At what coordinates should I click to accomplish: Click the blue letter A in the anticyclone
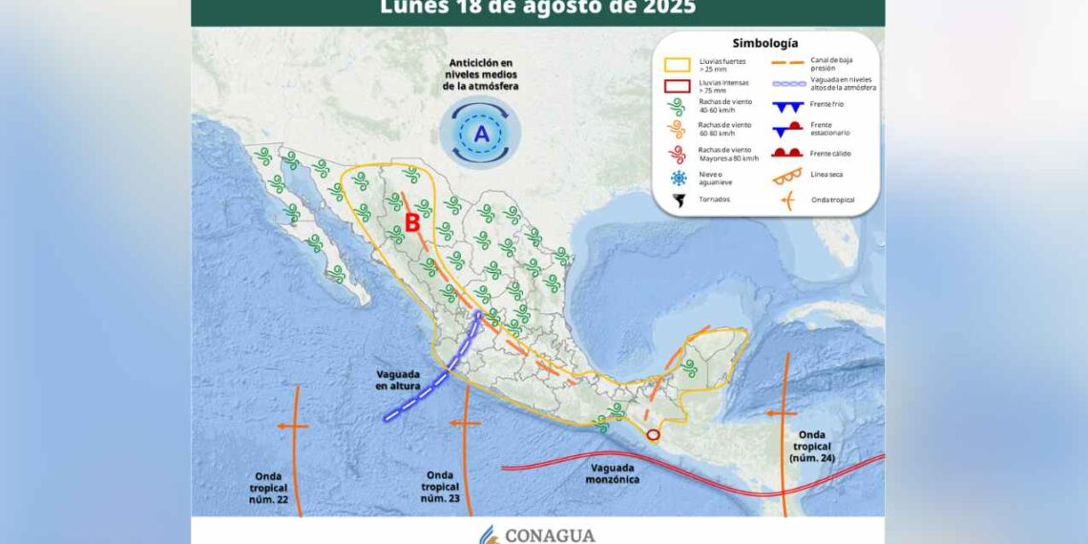482,135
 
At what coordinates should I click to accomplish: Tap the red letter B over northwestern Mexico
412,223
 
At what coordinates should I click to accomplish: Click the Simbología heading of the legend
765,43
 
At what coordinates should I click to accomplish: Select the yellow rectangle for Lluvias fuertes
679,65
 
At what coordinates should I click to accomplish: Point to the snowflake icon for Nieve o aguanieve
679,178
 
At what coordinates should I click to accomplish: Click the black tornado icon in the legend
679,200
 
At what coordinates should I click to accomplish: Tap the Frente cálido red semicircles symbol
786,153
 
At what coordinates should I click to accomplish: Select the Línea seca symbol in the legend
786,177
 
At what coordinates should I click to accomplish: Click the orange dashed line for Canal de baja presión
786,61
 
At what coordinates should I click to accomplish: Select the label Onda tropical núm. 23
440,487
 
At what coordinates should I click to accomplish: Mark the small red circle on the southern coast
653,435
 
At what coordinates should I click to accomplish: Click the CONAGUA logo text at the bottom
549,534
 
